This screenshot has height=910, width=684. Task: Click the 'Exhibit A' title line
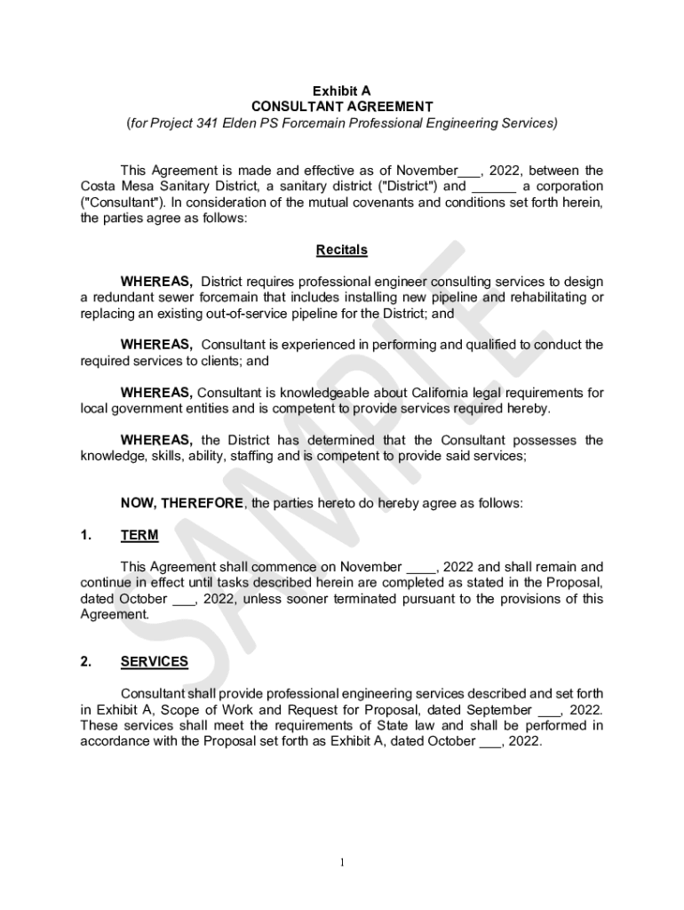tap(342, 91)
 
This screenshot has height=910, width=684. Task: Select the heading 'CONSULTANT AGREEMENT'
tap(342, 107)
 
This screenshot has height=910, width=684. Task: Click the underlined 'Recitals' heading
tap(342, 250)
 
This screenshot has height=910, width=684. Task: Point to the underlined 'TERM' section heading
tap(139, 535)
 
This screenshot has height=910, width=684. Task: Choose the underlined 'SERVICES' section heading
tap(154, 661)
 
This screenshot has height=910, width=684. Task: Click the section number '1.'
tap(86, 535)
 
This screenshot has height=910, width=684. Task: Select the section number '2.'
tap(86, 661)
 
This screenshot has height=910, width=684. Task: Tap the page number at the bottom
tap(342, 861)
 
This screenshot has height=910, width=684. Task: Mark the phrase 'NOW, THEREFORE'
tap(181, 503)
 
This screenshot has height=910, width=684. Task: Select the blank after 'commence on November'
tap(420, 567)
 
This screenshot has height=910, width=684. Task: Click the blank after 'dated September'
tap(549, 711)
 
